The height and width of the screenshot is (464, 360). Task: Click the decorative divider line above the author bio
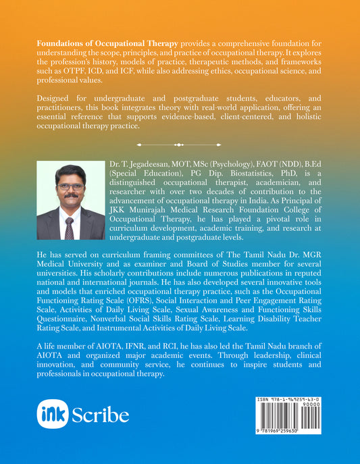coord(180,144)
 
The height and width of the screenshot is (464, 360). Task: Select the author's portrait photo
coord(71,201)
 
